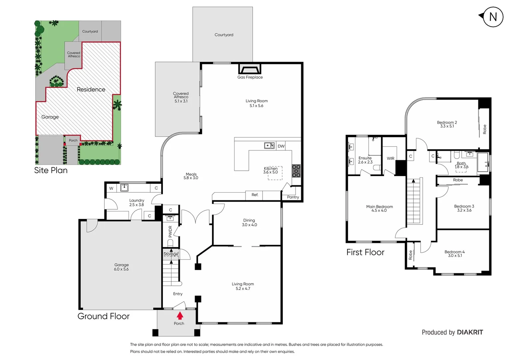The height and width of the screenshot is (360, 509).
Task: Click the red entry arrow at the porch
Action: (180, 315)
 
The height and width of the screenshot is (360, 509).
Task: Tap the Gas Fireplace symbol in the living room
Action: (250, 70)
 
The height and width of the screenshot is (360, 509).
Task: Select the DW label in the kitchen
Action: (281, 146)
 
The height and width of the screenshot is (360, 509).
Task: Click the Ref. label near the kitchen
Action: (255, 195)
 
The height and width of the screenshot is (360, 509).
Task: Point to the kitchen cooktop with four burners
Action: (296, 171)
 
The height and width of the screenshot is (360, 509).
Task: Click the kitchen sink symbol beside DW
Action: (269, 146)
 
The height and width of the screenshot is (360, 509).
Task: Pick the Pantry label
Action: (293, 197)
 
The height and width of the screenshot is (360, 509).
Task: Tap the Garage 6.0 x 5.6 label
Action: (121, 267)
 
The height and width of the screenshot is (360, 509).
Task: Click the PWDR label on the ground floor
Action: (170, 231)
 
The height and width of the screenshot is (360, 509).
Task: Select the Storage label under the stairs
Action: (171, 254)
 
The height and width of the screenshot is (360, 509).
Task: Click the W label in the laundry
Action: (111, 188)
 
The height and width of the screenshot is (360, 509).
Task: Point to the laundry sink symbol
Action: (124, 188)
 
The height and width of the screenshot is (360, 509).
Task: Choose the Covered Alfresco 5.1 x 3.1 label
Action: (181, 97)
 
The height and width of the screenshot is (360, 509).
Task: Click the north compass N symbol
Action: (493, 17)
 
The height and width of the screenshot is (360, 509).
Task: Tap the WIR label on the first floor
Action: (390, 159)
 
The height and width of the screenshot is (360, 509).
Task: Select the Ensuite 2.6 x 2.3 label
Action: (365, 160)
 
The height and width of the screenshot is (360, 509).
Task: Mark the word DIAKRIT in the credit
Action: (470, 332)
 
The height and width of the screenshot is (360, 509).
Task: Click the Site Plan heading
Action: (51, 170)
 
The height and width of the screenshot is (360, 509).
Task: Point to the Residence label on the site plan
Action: (91, 89)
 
